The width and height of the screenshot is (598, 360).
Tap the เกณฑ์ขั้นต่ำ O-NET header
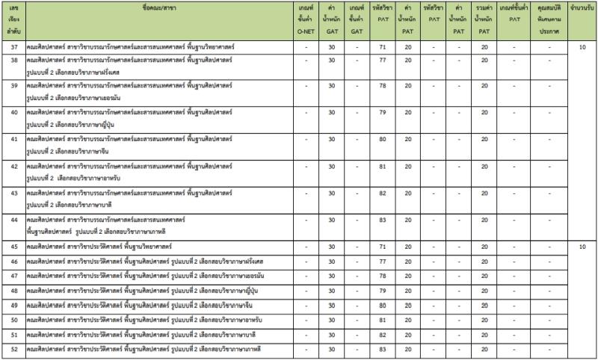[305, 19]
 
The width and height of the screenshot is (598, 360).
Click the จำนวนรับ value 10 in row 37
[581, 47]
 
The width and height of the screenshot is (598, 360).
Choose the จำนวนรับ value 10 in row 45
[581, 246]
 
